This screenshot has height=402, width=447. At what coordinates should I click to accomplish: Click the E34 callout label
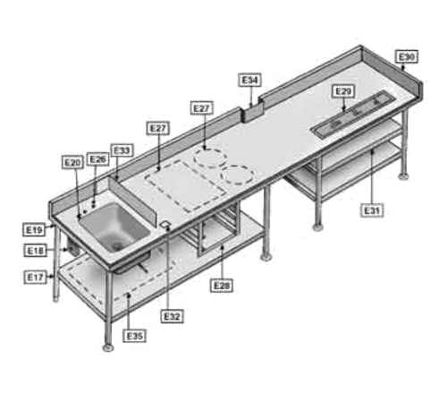(x=250, y=80)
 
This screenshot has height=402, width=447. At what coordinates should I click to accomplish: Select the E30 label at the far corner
(x=407, y=57)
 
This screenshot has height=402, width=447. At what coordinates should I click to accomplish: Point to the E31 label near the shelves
(x=373, y=211)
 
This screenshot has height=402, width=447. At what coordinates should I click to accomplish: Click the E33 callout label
(x=122, y=149)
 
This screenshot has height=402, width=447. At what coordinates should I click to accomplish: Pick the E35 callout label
(x=135, y=335)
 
